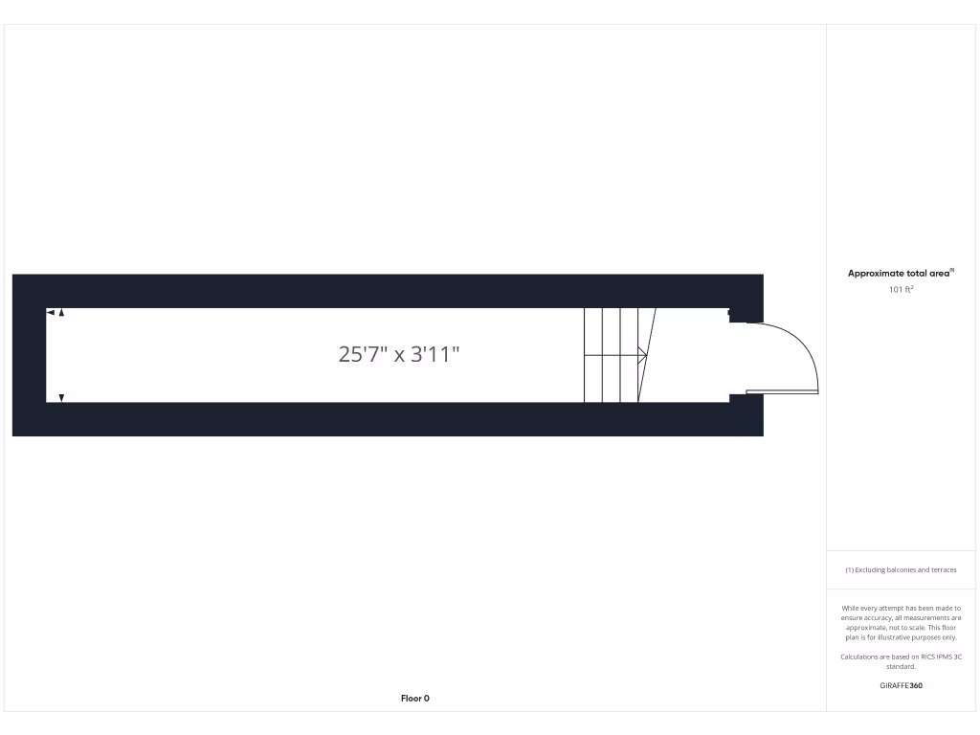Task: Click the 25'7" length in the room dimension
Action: click(x=362, y=355)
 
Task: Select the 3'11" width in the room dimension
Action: click(x=435, y=355)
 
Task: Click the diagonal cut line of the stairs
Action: click(x=647, y=355)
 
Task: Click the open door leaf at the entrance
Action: click(x=782, y=391)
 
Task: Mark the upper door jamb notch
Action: click(x=738, y=316)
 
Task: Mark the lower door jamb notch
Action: click(x=738, y=396)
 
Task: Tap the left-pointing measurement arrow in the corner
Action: click(x=51, y=312)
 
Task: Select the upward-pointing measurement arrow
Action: click(x=61, y=312)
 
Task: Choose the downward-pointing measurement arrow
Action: click(x=61, y=397)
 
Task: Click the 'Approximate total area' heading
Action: click(x=899, y=274)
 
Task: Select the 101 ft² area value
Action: click(x=901, y=289)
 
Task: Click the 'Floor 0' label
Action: click(x=414, y=699)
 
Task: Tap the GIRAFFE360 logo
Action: click(x=901, y=685)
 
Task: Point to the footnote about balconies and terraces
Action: click(x=901, y=569)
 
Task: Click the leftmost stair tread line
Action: click(x=585, y=355)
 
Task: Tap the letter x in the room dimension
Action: click(x=400, y=356)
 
